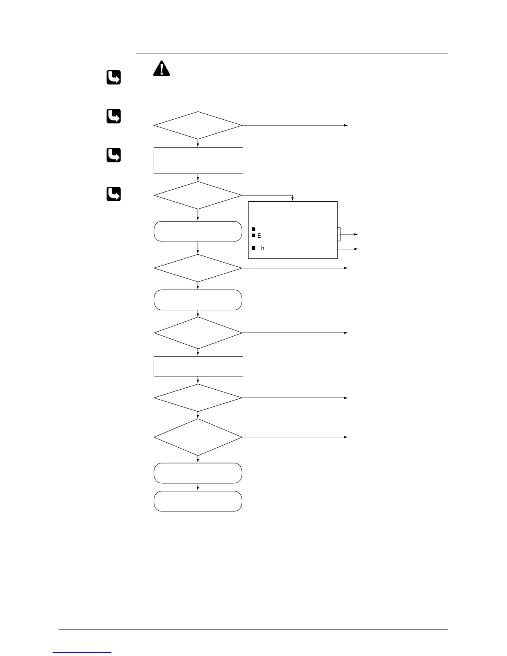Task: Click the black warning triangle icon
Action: (x=162, y=69)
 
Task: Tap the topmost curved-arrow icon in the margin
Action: (x=114, y=77)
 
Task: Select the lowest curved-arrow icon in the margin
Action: (x=114, y=194)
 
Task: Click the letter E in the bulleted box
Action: (x=259, y=236)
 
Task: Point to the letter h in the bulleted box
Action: (x=263, y=248)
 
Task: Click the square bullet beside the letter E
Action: (x=253, y=235)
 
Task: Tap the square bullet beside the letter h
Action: (x=253, y=248)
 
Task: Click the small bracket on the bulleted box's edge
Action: (x=339, y=234)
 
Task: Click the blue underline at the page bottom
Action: (x=82, y=652)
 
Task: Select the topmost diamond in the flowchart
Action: (x=198, y=125)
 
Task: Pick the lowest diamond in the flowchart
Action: (x=198, y=437)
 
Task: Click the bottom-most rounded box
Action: (x=198, y=501)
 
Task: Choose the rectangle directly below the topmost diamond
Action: (x=198, y=160)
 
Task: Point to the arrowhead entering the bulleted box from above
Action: (x=292, y=200)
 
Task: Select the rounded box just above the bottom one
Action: (x=198, y=473)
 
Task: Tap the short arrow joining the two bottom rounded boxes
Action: (x=198, y=487)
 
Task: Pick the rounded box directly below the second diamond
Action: (x=198, y=231)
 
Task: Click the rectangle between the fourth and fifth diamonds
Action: (x=198, y=366)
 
